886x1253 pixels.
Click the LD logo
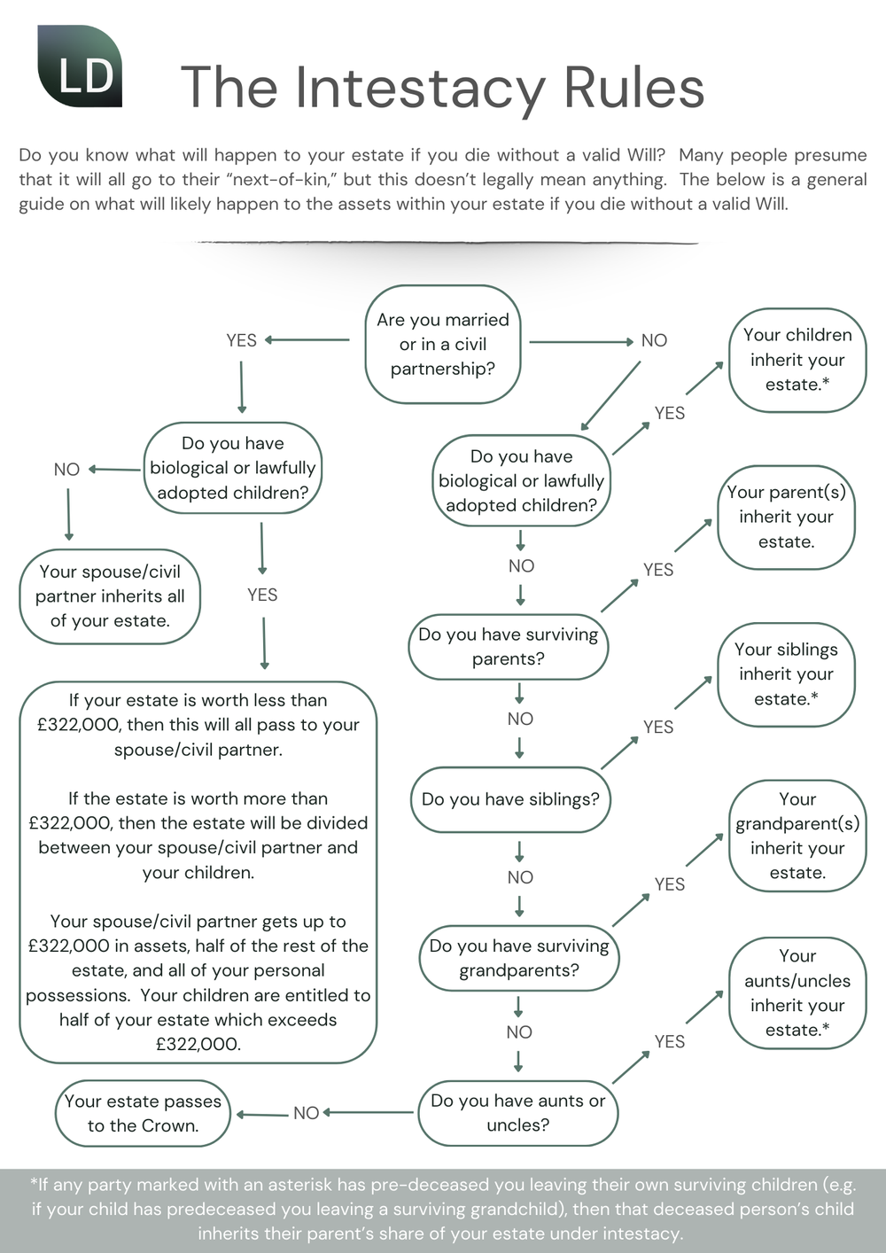(80, 67)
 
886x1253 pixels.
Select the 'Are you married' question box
(443, 344)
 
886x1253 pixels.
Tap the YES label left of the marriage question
(241, 340)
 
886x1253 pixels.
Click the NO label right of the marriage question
(654, 340)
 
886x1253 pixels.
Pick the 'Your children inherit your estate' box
(797, 360)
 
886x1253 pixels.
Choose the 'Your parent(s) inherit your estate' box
(786, 517)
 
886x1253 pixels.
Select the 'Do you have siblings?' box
(510, 799)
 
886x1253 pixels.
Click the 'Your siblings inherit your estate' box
(786, 674)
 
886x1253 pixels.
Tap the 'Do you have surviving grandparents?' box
(518, 958)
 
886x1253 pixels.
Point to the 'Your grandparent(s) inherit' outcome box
(797, 836)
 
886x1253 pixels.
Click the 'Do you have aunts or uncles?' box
(517, 1112)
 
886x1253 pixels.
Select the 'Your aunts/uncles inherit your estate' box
(797, 992)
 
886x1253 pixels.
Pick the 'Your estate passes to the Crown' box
(143, 1113)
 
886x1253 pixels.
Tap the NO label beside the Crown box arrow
(306, 1113)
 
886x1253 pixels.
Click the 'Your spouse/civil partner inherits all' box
(110, 596)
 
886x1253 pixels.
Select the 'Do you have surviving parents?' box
(508, 647)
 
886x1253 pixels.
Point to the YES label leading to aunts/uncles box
(669, 1041)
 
